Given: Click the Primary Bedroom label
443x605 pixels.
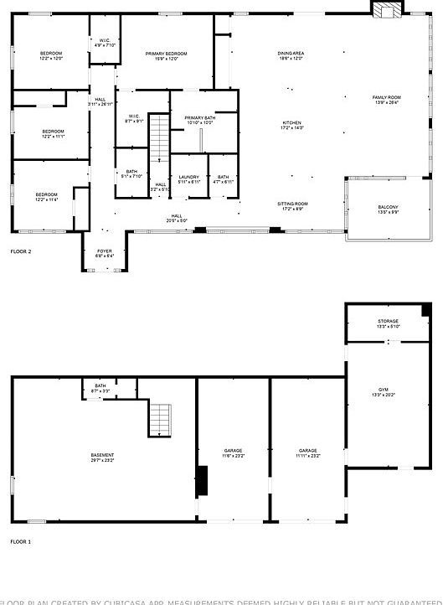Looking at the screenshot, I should tap(166, 55).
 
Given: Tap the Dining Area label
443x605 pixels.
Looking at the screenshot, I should tap(291, 55).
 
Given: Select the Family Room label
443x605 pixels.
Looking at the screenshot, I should tap(386, 100).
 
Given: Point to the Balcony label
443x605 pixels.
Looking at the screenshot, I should tap(388, 209).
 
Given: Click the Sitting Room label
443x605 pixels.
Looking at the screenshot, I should tap(292, 205).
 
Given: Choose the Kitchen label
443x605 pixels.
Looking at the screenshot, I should tap(291, 125).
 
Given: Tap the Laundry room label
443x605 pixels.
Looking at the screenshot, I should tap(188, 178).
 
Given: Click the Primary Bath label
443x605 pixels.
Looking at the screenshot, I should tap(199, 119).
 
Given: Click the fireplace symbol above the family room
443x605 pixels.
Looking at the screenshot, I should tap(387, 10).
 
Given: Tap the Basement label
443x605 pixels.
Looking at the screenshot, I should tap(102, 457).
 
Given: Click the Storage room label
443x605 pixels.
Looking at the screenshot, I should tap(388, 323).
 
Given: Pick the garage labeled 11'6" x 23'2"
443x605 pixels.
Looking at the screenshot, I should tap(233, 452).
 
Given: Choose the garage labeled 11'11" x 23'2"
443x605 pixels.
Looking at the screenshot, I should tap(307, 452).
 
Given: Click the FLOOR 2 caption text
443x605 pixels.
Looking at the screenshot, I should tap(21, 251).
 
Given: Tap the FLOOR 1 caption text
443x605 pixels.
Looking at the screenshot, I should tap(21, 542).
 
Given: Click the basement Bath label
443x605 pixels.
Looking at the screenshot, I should tap(100, 386).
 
